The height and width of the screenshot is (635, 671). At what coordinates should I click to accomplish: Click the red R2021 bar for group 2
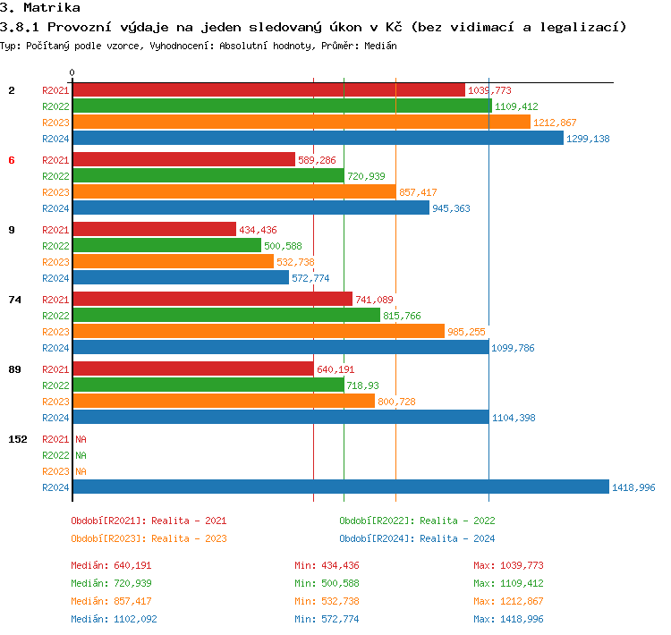(x=268, y=90)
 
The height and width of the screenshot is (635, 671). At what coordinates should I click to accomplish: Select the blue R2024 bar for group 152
(x=340, y=487)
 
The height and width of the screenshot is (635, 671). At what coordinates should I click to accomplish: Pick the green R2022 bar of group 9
(x=166, y=246)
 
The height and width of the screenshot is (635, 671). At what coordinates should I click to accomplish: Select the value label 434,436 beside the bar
(x=258, y=230)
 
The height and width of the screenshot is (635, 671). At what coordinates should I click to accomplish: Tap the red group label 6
(x=12, y=160)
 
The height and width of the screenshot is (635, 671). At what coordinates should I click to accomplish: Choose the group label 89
(x=14, y=369)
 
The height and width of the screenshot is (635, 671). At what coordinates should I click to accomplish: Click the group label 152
(x=17, y=439)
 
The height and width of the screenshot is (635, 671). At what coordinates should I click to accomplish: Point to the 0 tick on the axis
(x=72, y=72)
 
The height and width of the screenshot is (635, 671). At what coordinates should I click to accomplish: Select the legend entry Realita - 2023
(x=149, y=538)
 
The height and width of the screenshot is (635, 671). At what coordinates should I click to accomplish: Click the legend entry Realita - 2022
(x=417, y=521)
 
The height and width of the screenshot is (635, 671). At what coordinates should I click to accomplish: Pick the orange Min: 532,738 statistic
(x=327, y=601)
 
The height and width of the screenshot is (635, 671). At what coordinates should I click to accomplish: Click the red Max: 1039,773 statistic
(x=508, y=565)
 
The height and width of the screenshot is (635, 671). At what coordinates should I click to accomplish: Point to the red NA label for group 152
(x=81, y=439)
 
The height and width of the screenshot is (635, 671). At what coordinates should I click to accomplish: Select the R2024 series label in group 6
(x=55, y=208)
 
